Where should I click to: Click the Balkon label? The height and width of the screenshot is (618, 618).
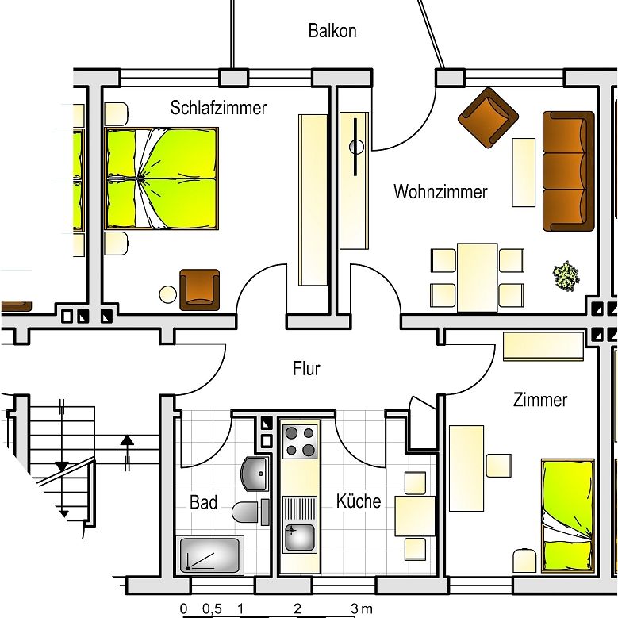click(332, 32)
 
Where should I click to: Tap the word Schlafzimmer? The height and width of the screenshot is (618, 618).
click(218, 108)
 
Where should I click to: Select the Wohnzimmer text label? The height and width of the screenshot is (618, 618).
click(440, 192)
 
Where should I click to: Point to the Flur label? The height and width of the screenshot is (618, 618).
click(306, 369)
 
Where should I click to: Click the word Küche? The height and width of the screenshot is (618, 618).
click(358, 501)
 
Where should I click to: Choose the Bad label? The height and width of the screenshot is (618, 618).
click(203, 503)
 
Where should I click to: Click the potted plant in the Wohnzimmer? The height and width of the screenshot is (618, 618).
click(566, 275)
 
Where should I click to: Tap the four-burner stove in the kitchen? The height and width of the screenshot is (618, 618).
click(299, 442)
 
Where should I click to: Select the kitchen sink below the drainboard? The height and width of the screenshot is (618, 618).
click(299, 537)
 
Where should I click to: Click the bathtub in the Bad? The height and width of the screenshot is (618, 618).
click(210, 555)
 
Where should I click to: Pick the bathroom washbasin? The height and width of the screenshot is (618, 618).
click(255, 474)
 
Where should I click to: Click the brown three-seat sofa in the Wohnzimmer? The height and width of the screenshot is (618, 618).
click(568, 171)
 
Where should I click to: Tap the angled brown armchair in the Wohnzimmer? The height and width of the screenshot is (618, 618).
click(486, 117)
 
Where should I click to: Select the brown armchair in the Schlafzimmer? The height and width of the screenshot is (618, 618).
click(199, 289)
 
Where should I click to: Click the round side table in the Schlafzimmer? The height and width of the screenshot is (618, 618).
click(168, 294)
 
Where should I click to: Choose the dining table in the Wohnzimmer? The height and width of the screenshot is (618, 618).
click(477, 277)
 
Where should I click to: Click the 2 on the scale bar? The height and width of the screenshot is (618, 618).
click(297, 609)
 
